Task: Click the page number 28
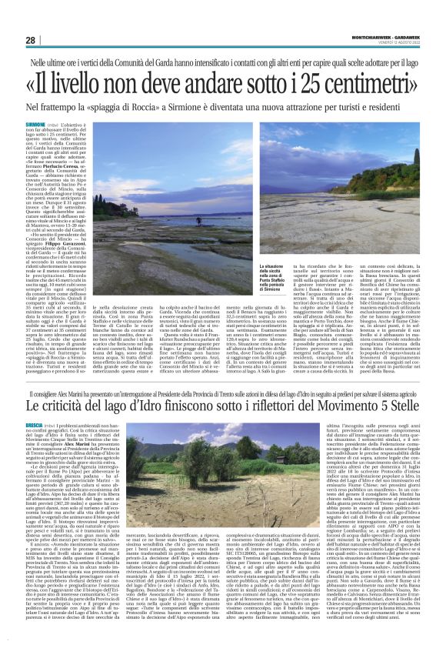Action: point(30,40)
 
